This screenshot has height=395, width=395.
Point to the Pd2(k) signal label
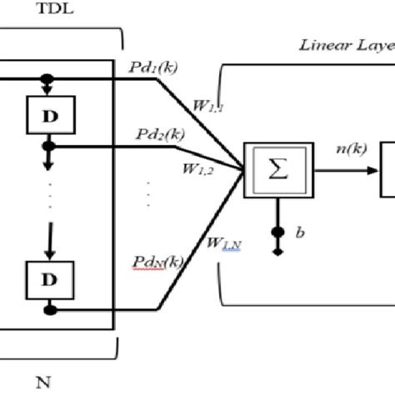156,134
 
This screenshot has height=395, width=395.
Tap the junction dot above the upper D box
48,81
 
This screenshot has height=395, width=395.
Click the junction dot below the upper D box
49,147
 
